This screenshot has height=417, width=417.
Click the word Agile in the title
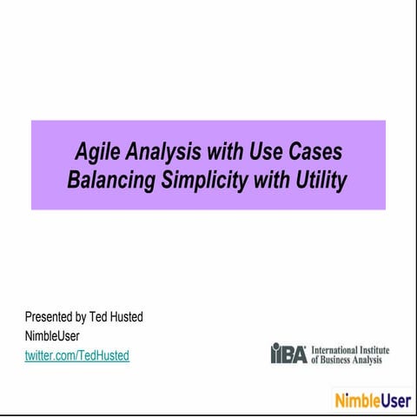click(96, 153)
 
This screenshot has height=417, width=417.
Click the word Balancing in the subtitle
click(108, 181)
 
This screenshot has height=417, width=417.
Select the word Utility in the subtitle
click(320, 181)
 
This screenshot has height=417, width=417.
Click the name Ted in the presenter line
click(99, 317)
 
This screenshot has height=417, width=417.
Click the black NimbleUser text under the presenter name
click(52, 336)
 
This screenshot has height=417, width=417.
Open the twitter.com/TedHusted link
click(77, 355)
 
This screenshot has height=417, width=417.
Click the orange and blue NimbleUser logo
click(372, 400)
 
